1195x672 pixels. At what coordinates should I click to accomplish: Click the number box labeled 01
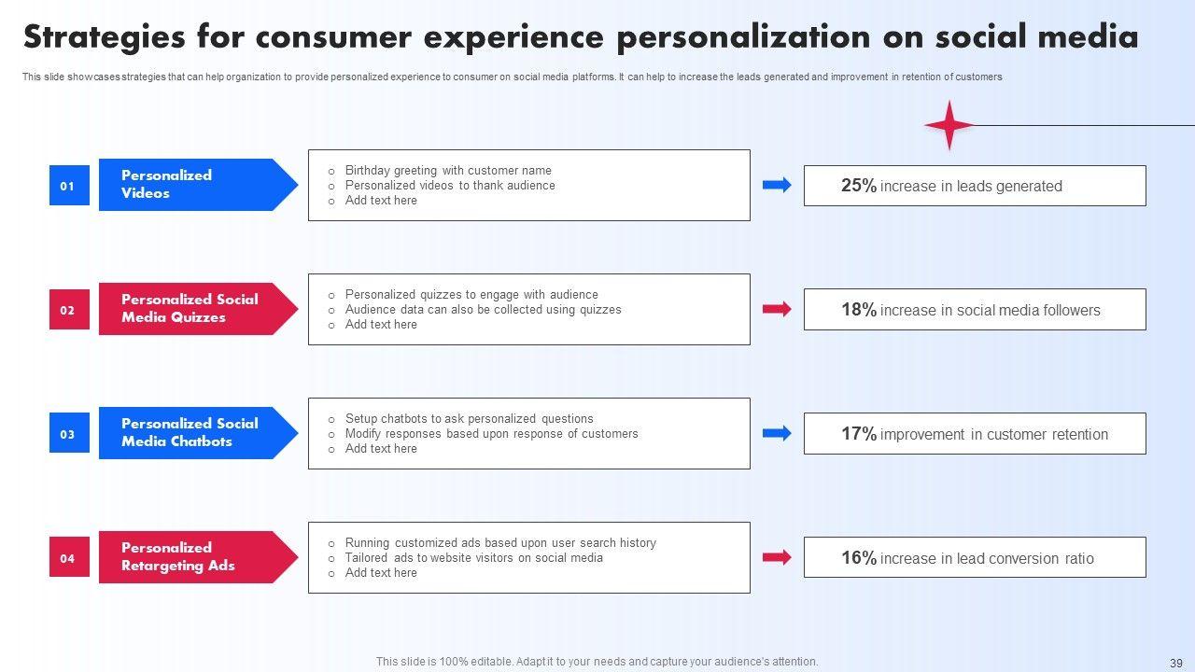tap(68, 186)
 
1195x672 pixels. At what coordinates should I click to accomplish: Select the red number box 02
tap(68, 310)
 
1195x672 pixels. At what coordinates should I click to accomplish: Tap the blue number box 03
tap(68, 434)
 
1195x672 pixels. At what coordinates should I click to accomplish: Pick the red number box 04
tap(68, 558)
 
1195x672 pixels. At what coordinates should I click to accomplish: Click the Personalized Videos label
tap(168, 185)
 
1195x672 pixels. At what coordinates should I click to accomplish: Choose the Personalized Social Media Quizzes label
tap(190, 309)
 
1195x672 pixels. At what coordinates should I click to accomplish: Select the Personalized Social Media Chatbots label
tap(190, 433)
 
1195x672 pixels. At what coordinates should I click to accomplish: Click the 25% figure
tap(858, 186)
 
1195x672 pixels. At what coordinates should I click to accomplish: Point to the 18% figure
tap(858, 310)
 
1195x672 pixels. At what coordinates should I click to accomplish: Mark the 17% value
tap(858, 434)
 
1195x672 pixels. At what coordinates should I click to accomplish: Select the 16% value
tap(858, 558)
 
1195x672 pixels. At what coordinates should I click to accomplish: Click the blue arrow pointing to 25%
tap(777, 185)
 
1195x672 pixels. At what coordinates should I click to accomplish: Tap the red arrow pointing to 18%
tap(777, 309)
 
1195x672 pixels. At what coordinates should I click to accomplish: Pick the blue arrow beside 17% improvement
tap(777, 433)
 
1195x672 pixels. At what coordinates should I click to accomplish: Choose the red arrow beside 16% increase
tap(777, 557)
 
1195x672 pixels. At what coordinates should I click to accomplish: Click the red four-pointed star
tap(949, 125)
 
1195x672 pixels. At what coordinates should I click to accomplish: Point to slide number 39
tap(1175, 663)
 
